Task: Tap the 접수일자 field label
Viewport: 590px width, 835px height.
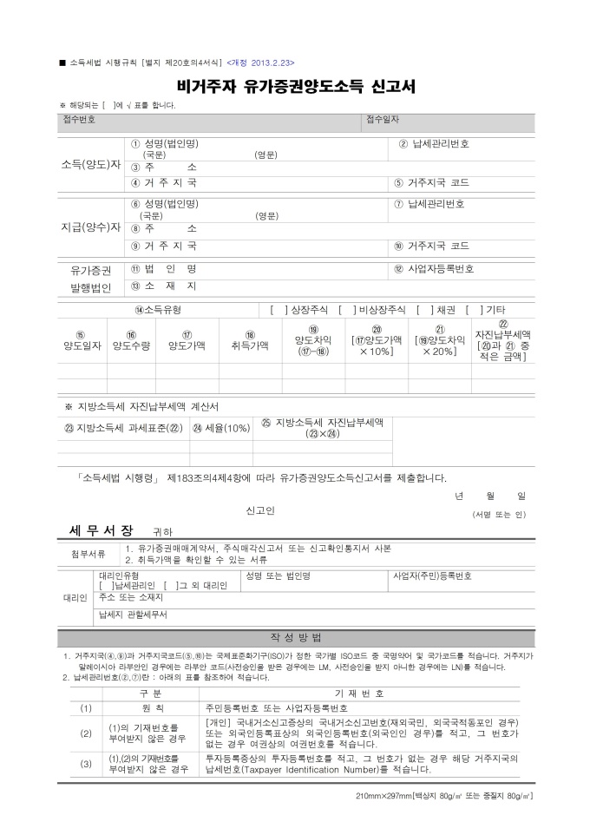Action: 383,119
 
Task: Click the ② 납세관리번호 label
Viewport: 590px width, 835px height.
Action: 434,143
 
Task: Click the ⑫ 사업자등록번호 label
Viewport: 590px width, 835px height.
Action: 433,268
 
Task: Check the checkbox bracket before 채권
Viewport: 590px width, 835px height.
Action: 425,309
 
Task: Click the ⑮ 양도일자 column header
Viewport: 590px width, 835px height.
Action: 81,340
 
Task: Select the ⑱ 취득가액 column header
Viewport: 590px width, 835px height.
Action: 250,340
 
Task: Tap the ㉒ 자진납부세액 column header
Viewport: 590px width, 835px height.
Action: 502,340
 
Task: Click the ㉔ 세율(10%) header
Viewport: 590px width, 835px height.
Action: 220,427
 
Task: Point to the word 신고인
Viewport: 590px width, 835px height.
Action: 260,510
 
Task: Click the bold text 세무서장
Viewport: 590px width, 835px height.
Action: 101,529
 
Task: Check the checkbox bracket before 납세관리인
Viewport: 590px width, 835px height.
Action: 107,586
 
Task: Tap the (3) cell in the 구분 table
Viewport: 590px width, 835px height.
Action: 86,764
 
